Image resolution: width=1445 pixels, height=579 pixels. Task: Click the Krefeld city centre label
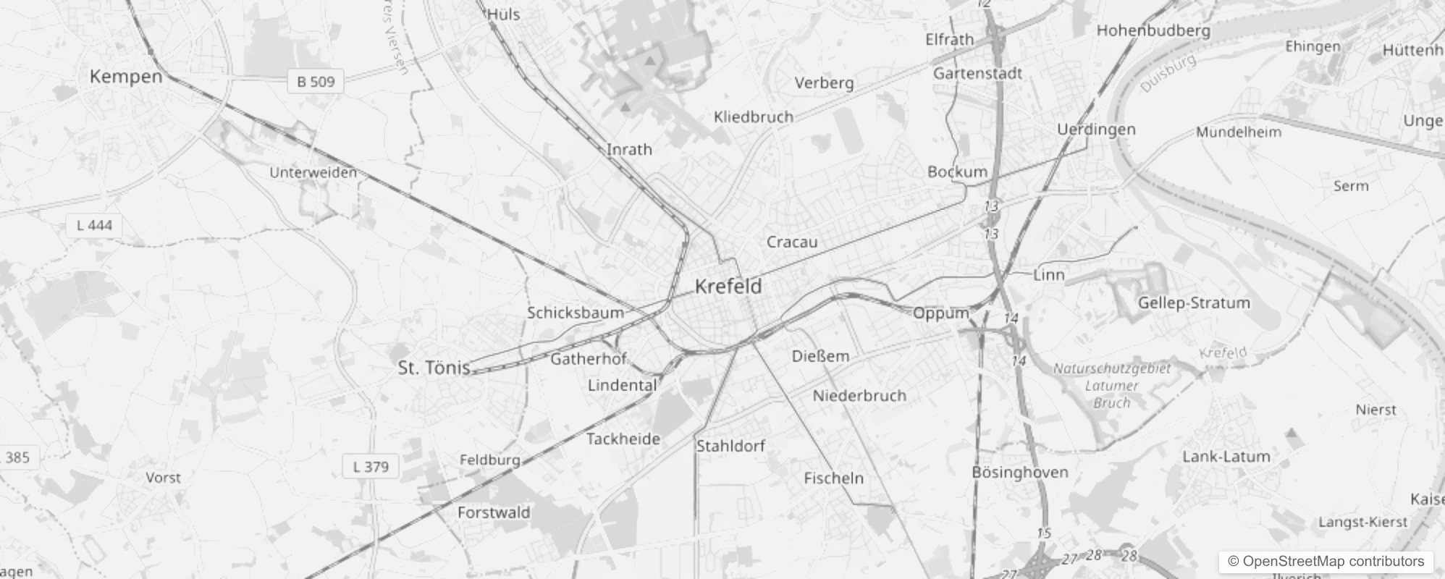tap(728, 287)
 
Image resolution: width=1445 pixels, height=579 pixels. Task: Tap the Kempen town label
tap(126, 77)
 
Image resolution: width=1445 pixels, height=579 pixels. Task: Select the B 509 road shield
tap(316, 82)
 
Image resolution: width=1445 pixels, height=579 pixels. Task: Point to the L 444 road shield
tap(94, 226)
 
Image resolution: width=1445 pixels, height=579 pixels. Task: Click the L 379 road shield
tap(371, 467)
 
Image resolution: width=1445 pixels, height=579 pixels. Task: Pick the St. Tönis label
tap(434, 368)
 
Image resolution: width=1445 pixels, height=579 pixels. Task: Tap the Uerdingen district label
tap(1096, 130)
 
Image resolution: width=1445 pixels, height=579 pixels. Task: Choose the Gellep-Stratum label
tap(1194, 303)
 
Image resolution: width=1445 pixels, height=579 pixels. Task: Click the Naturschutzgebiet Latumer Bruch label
tap(1111, 385)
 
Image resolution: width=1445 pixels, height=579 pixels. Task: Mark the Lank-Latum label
tap(1226, 457)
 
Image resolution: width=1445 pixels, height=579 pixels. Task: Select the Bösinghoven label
tap(1019, 473)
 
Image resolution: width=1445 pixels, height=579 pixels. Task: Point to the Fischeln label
tap(833, 478)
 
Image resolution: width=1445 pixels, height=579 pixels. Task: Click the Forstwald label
tap(494, 512)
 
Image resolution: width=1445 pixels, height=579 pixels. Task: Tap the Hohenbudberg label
tap(1153, 30)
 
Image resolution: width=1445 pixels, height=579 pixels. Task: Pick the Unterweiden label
tap(313, 172)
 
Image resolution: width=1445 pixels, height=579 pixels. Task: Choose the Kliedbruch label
tap(753, 117)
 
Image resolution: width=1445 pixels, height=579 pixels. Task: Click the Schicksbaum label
tap(575, 313)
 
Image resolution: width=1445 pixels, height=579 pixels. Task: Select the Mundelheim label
tap(1238, 132)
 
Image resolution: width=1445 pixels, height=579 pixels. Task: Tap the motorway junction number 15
tap(1043, 533)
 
